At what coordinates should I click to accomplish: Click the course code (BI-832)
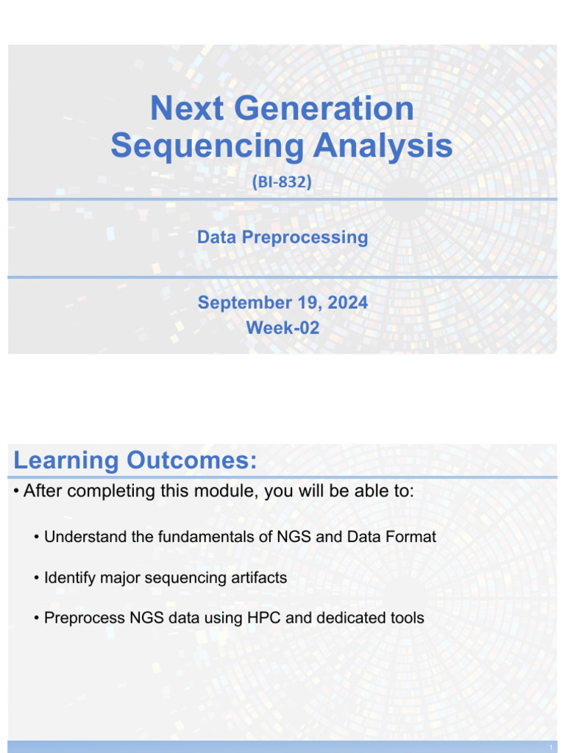[x=282, y=182]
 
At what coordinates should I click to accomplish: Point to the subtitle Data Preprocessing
[x=282, y=238]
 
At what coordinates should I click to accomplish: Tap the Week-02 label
[x=282, y=328]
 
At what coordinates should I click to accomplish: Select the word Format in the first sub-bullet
[x=411, y=537]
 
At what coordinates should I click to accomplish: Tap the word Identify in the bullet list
[x=68, y=578]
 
